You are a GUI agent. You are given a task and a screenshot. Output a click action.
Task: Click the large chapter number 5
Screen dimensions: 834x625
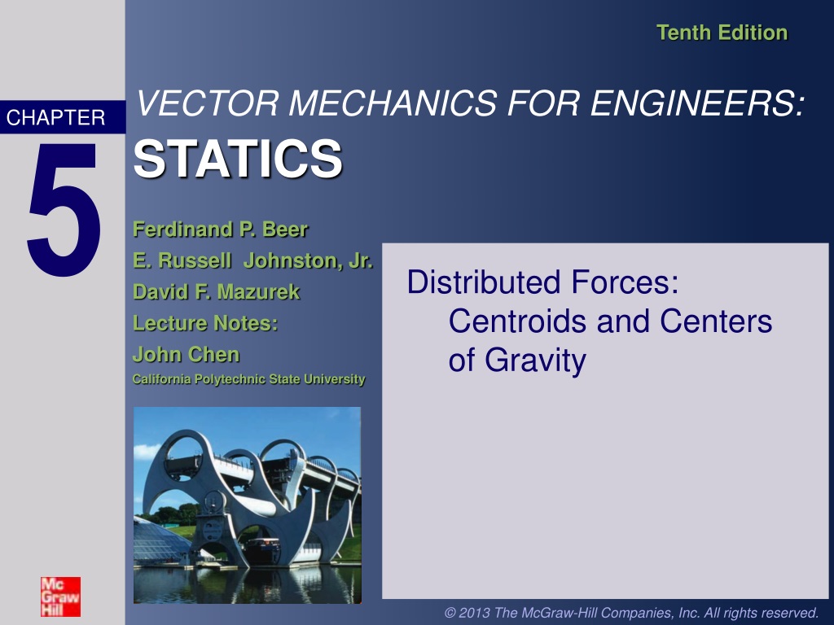coord(64,209)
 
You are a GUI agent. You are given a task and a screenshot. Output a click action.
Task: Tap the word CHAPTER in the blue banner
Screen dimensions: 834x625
coord(56,117)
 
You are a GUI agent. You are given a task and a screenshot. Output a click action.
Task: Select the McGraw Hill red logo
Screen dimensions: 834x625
coord(60,597)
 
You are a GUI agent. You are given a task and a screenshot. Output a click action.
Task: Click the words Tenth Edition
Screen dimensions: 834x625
coord(722,33)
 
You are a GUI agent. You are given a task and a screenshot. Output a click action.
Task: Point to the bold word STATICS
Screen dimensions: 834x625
coord(238,159)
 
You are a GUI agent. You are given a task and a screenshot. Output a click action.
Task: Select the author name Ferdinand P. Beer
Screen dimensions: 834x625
coord(220,229)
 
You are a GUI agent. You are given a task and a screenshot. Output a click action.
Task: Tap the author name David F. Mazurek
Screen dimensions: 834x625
coord(217,292)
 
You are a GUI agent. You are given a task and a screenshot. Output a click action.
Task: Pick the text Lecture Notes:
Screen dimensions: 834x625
coord(205,323)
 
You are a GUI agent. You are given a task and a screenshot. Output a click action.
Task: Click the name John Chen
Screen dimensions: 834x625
coord(187,355)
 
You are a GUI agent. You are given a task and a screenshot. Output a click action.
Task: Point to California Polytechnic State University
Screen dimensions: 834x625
coord(249,379)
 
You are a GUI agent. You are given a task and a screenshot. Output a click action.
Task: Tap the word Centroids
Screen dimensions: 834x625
coord(519,321)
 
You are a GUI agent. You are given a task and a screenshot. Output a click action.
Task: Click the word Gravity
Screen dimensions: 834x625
coord(535,361)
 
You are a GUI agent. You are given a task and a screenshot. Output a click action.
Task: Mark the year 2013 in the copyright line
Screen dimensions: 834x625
coord(475,613)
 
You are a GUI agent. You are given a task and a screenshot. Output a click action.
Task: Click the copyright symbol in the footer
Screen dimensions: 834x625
coord(450,614)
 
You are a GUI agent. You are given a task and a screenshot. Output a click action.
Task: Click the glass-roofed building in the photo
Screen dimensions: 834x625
coord(160,542)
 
